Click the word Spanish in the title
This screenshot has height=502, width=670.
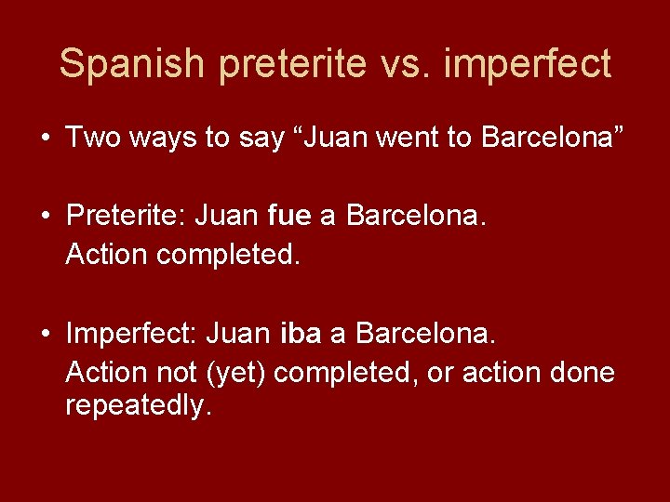131,64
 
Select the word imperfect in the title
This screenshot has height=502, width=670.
528,64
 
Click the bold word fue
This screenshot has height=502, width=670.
288,217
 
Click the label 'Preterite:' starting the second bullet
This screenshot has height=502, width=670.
127,217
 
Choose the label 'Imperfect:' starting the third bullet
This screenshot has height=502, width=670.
131,333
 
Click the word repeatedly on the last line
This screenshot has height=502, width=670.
139,406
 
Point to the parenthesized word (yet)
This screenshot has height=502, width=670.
236,373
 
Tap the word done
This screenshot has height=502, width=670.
583,373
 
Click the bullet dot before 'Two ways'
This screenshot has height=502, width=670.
46,139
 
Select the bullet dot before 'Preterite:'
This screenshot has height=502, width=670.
46,217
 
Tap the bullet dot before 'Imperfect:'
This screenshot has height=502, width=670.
46,333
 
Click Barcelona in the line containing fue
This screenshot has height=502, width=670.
416,217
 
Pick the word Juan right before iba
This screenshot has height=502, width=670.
238,333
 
